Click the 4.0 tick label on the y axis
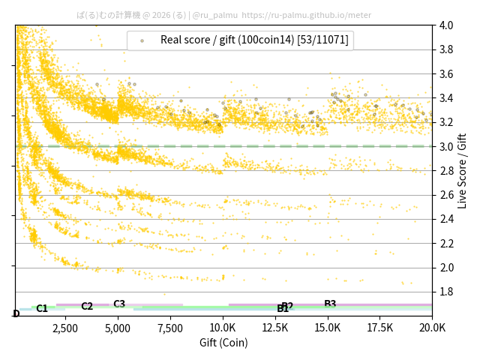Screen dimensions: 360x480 click(x=446, y=25)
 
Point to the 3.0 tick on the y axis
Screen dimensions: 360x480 click(x=446, y=146)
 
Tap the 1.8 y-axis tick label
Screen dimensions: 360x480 click(x=446, y=292)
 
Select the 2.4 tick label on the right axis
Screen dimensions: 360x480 click(x=446, y=219)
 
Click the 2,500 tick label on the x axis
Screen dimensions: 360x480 click(x=65, y=328)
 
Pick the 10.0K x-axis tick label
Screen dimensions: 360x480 click(x=223, y=328)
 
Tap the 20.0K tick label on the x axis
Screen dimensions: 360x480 click(x=431, y=328)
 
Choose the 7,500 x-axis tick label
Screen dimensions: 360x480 click(x=170, y=328)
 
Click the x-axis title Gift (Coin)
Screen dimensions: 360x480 click(x=223, y=343)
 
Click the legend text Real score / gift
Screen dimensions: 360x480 click(x=254, y=40)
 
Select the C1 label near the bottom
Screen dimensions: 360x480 click(x=42, y=308)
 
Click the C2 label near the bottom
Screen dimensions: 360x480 click(x=87, y=306)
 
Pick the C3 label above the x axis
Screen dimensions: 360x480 click(x=119, y=304)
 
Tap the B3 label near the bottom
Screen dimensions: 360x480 click(x=330, y=304)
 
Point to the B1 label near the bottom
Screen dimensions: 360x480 click(x=283, y=309)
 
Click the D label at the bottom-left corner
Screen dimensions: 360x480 click(x=16, y=313)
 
